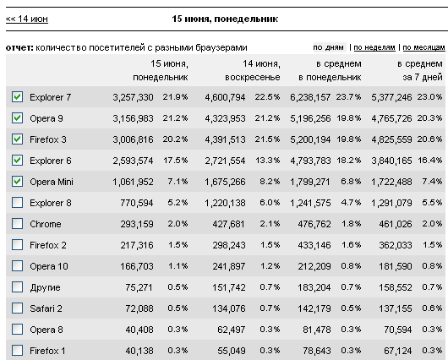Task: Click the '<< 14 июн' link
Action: tap(27, 19)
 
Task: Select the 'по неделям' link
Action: tap(374, 47)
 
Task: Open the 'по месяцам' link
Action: tap(423, 47)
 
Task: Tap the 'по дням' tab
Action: tap(328, 47)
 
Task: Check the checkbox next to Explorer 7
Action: tap(17, 97)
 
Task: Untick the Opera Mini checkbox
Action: tap(17, 182)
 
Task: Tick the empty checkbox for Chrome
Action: tap(17, 224)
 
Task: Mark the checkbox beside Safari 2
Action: tap(17, 308)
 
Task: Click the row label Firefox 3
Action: tap(48, 139)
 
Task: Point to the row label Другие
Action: tap(45, 287)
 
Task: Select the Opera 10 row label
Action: tap(49, 266)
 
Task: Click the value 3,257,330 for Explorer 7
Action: tap(133, 97)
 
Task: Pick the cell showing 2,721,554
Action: tap(225, 161)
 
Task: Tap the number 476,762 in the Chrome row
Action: tap(314, 224)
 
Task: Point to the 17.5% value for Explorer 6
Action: tap(176, 161)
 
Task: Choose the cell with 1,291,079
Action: tap(391, 203)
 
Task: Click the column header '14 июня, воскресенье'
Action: tap(253, 70)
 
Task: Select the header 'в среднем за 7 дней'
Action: tap(420, 70)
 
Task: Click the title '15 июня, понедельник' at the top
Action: tap(225, 19)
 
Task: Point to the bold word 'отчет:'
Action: tap(19, 47)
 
